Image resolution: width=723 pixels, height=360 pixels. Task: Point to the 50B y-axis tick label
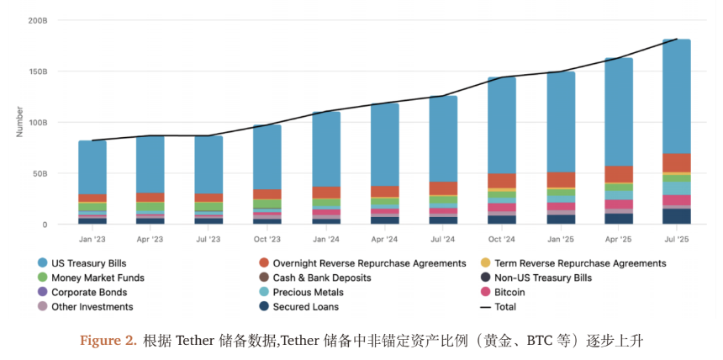pos(40,173)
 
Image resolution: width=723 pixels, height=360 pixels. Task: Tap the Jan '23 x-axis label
pos(92,239)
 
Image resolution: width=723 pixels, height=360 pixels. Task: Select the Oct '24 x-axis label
pos(502,239)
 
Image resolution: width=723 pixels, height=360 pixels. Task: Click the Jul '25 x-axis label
pos(677,239)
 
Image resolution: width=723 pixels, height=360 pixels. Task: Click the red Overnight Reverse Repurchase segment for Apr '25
pos(619,173)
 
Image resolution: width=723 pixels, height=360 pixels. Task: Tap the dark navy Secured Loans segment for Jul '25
pos(677,216)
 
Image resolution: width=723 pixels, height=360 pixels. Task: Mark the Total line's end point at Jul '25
pos(677,39)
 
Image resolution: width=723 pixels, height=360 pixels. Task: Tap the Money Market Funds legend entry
pos(97,278)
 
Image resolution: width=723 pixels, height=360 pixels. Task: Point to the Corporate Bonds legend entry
pos(89,292)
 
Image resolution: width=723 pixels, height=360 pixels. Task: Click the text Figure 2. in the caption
pos(108,341)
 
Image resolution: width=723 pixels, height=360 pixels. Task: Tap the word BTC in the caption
pos(539,341)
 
